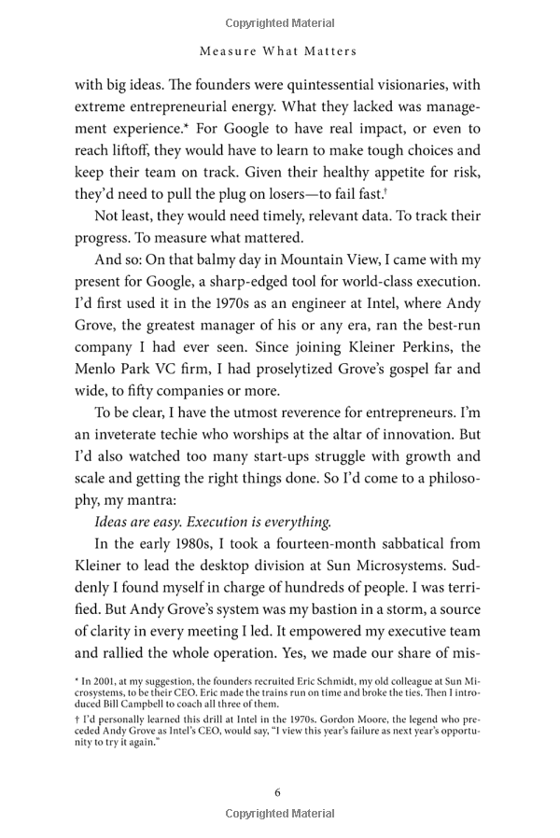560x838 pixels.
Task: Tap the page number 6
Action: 277,792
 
